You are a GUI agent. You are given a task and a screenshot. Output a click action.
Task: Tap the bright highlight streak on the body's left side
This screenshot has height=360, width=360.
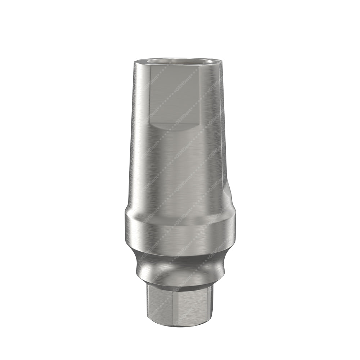pos(139,144)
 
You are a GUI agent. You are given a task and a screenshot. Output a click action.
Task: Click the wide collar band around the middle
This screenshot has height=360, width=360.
pos(180,230)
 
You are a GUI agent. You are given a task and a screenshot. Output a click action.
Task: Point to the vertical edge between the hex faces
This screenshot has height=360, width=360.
pos(176,306)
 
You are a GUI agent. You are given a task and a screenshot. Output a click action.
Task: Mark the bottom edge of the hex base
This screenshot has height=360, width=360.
pos(176,324)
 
